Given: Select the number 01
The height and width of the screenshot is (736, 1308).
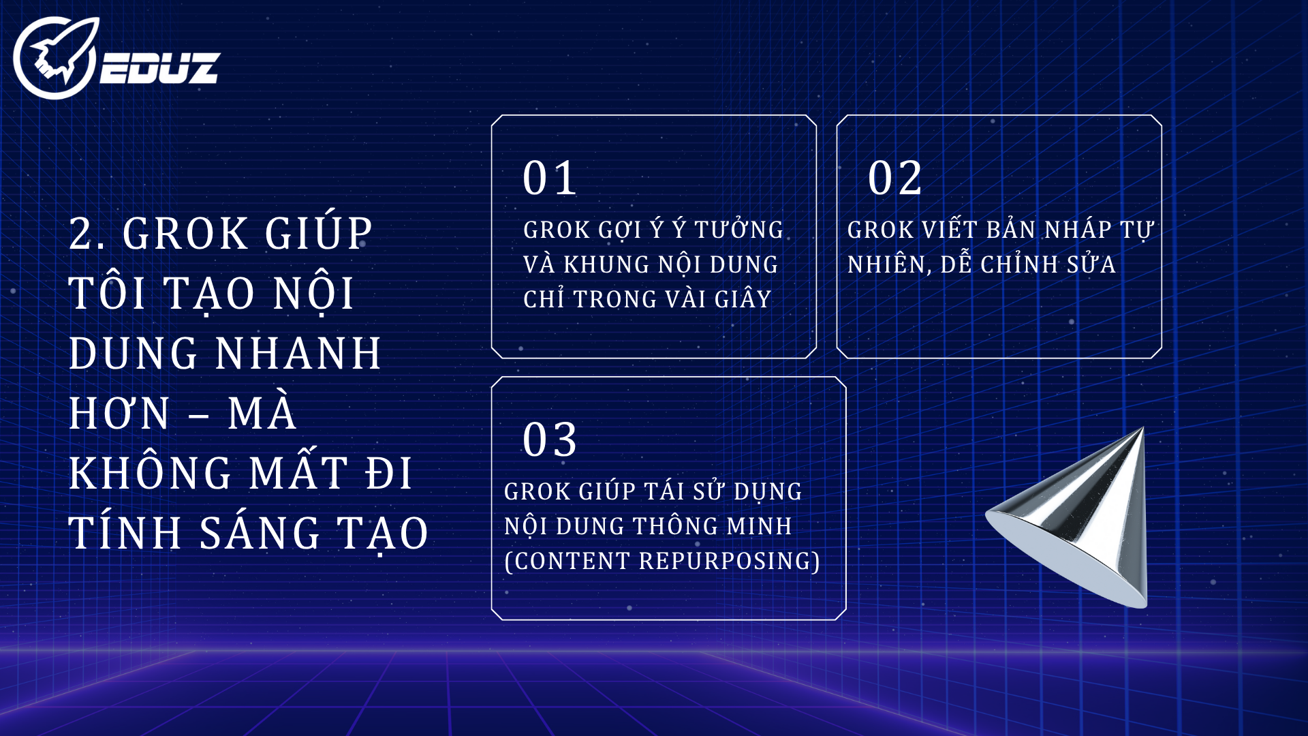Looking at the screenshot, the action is pyautogui.click(x=550, y=179).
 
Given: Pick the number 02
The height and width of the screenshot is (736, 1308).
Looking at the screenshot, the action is pyautogui.click(x=894, y=179).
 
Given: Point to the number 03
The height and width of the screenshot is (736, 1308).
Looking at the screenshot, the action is pyautogui.click(x=550, y=440).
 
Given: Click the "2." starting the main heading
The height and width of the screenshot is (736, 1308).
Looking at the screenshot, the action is pyautogui.click(x=87, y=234).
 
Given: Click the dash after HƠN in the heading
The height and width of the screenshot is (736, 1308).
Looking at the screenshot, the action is pyautogui.click(x=198, y=415).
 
